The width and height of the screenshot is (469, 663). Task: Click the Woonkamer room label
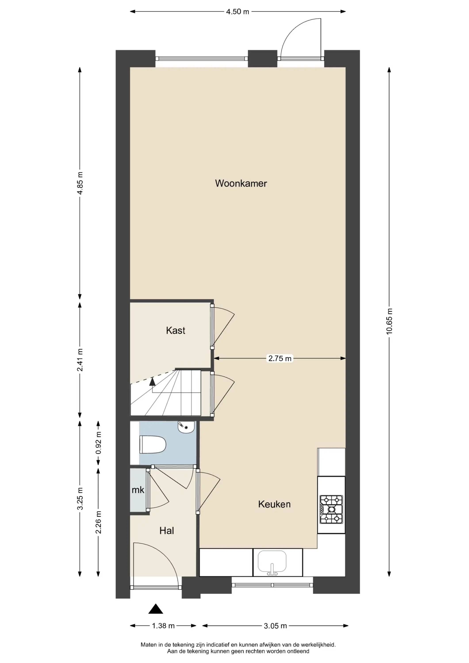point(241,183)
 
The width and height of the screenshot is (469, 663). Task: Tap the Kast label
point(175,330)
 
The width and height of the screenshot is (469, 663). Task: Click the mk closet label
point(138,490)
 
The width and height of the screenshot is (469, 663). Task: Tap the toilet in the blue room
point(153,444)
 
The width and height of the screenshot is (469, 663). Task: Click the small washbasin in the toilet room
point(186,427)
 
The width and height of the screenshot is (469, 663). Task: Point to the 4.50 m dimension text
point(237,12)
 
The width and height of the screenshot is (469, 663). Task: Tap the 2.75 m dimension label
point(280,358)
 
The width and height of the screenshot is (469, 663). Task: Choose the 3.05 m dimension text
point(275,626)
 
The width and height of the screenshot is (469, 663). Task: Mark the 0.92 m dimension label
point(99,443)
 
